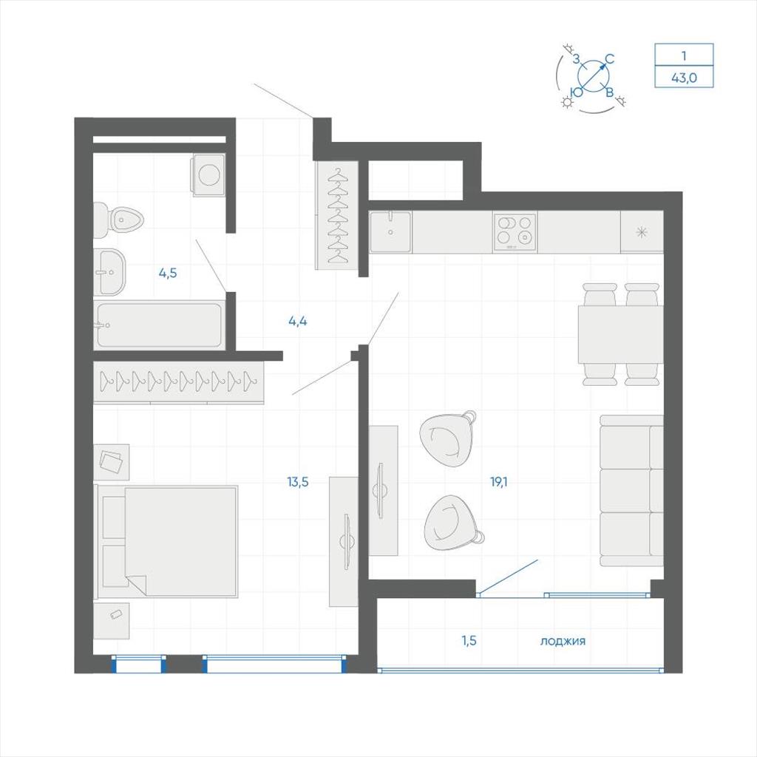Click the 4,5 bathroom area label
[168, 273]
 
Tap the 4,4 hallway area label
[297, 321]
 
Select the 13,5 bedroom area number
[297, 481]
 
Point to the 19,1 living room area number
[499, 481]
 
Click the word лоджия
[563, 641]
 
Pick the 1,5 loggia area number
[469, 641]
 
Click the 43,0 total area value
[684, 77]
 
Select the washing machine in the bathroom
[209, 175]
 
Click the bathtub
[160, 325]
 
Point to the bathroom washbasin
[109, 272]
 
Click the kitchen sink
[390, 231]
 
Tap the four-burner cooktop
[515, 231]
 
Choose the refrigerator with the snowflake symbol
[642, 231]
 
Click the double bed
[166, 541]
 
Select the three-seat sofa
[631, 491]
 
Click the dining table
[620, 334]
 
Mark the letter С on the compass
[610, 59]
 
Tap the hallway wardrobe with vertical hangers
[337, 215]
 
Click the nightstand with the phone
[112, 621]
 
